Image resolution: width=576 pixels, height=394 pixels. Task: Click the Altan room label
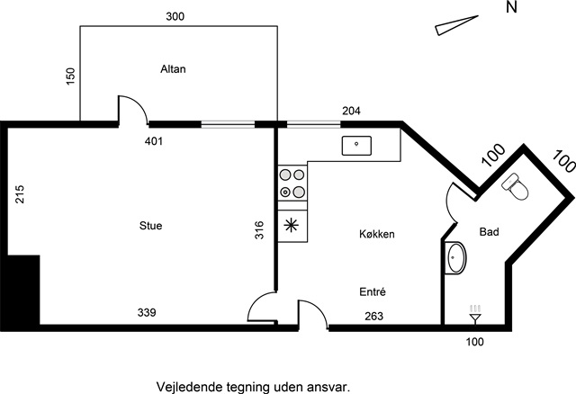[x=173, y=69]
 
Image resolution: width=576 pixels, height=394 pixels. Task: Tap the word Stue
[x=150, y=226]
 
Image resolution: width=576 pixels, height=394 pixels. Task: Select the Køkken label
[x=377, y=234]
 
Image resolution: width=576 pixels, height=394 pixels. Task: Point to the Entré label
[x=373, y=292]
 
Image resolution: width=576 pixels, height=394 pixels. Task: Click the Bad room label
[x=490, y=232]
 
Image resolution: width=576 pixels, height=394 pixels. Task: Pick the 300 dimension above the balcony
[x=175, y=16]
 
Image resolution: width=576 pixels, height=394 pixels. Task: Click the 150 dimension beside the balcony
[x=70, y=76]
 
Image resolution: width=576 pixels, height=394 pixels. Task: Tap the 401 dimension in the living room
[x=154, y=141]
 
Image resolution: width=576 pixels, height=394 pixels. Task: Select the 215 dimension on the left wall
[x=20, y=194]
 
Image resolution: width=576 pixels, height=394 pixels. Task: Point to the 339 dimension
[x=147, y=312]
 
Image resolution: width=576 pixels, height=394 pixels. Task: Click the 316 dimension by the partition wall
[x=259, y=230]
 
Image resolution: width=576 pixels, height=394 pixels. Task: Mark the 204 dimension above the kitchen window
[x=352, y=111]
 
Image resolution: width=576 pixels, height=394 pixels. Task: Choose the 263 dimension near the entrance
[x=374, y=316]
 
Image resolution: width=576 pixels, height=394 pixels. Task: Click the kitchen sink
[x=356, y=146]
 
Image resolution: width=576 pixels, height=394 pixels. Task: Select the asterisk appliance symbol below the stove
[x=292, y=225]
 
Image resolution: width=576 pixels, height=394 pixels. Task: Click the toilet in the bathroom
[x=516, y=187]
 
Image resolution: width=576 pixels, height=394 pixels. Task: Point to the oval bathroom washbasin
[x=455, y=257]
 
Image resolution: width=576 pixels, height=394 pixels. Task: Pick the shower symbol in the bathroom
[x=475, y=315]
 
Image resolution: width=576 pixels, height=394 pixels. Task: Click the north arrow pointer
[x=456, y=25]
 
